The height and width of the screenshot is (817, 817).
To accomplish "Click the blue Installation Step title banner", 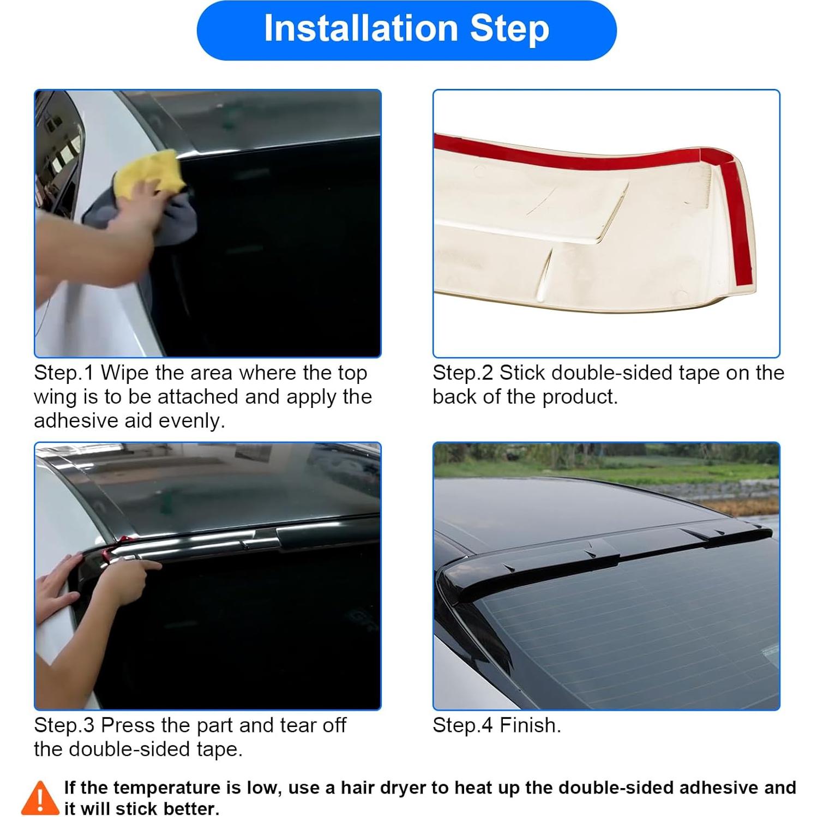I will coord(406,30).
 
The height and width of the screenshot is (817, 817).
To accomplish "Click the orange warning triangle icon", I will coord(40,798).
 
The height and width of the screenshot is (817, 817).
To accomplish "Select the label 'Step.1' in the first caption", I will coord(64,373).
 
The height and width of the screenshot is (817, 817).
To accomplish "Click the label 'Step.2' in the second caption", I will coord(462,373).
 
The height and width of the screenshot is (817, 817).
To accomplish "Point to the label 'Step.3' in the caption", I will coord(64,725).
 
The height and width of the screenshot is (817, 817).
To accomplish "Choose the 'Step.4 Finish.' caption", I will coord(496,725).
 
